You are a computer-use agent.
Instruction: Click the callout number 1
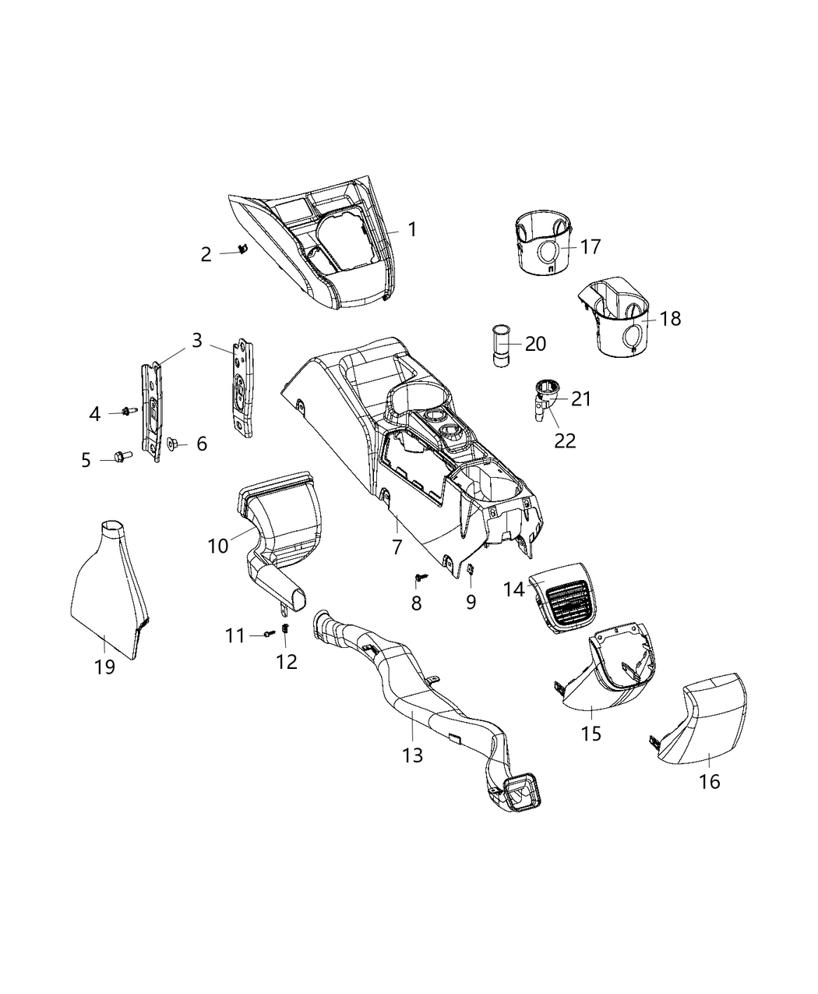[x=412, y=229]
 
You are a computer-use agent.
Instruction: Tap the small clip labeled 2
[x=242, y=249]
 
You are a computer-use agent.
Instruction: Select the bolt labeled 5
[x=123, y=455]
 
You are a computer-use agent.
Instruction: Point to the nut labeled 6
[x=174, y=444]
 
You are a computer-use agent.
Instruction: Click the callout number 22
[x=565, y=440]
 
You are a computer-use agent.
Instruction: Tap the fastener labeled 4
[x=126, y=411]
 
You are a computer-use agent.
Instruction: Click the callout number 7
[x=397, y=547]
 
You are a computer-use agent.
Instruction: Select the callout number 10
[x=218, y=546]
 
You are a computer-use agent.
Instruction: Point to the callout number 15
[x=591, y=734]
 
